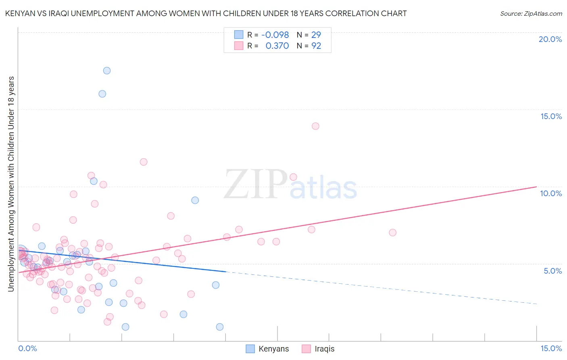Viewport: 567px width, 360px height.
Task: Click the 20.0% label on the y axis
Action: pos(550,39)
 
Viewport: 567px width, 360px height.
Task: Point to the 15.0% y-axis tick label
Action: pos(551,116)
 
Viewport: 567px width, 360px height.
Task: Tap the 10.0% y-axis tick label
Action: pos(551,193)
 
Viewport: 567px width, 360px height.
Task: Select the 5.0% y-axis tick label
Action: pos(552,271)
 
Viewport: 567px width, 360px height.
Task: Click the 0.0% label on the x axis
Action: pos(27,348)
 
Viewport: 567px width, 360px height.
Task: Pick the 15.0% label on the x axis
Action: pos(551,348)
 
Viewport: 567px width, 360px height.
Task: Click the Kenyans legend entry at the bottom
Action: pos(273,349)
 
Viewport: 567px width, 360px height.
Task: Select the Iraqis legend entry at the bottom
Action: pos(324,349)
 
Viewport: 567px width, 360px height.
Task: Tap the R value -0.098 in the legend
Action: pos(275,35)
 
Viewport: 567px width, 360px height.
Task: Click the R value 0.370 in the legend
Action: pos(277,46)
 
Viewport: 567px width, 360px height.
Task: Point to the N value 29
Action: pos(316,35)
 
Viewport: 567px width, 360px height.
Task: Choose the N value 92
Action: pos(316,46)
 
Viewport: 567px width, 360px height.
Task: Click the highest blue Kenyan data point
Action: pos(107,71)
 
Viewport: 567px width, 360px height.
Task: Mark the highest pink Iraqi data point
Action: pos(315,126)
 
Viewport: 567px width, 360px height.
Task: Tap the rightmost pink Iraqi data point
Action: pos(392,232)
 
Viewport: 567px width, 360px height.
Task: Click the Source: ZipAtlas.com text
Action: pos(531,13)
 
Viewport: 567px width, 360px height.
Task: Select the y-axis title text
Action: pos(11,184)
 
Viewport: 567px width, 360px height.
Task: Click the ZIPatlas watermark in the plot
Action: pos(290,184)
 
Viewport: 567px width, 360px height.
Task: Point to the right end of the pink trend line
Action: pos(536,186)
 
